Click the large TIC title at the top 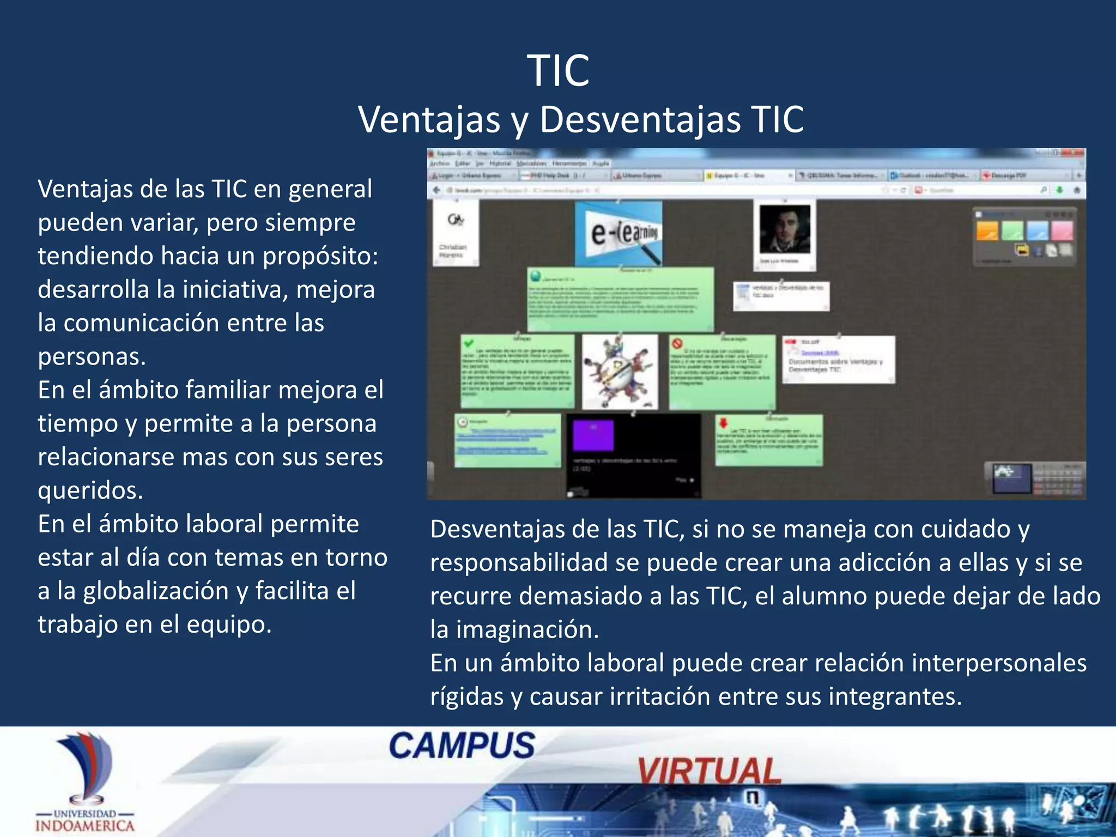[x=558, y=71]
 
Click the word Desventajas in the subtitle [x=640, y=119]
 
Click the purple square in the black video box [x=593, y=435]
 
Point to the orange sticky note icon [x=987, y=231]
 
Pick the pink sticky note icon [x=1062, y=231]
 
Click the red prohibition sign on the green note [x=677, y=344]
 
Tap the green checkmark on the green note [x=468, y=343]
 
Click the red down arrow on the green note [x=724, y=423]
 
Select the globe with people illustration [x=620, y=372]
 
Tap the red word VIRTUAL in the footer [x=709, y=771]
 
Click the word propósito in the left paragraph [x=320, y=256]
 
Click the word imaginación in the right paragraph [x=527, y=630]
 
